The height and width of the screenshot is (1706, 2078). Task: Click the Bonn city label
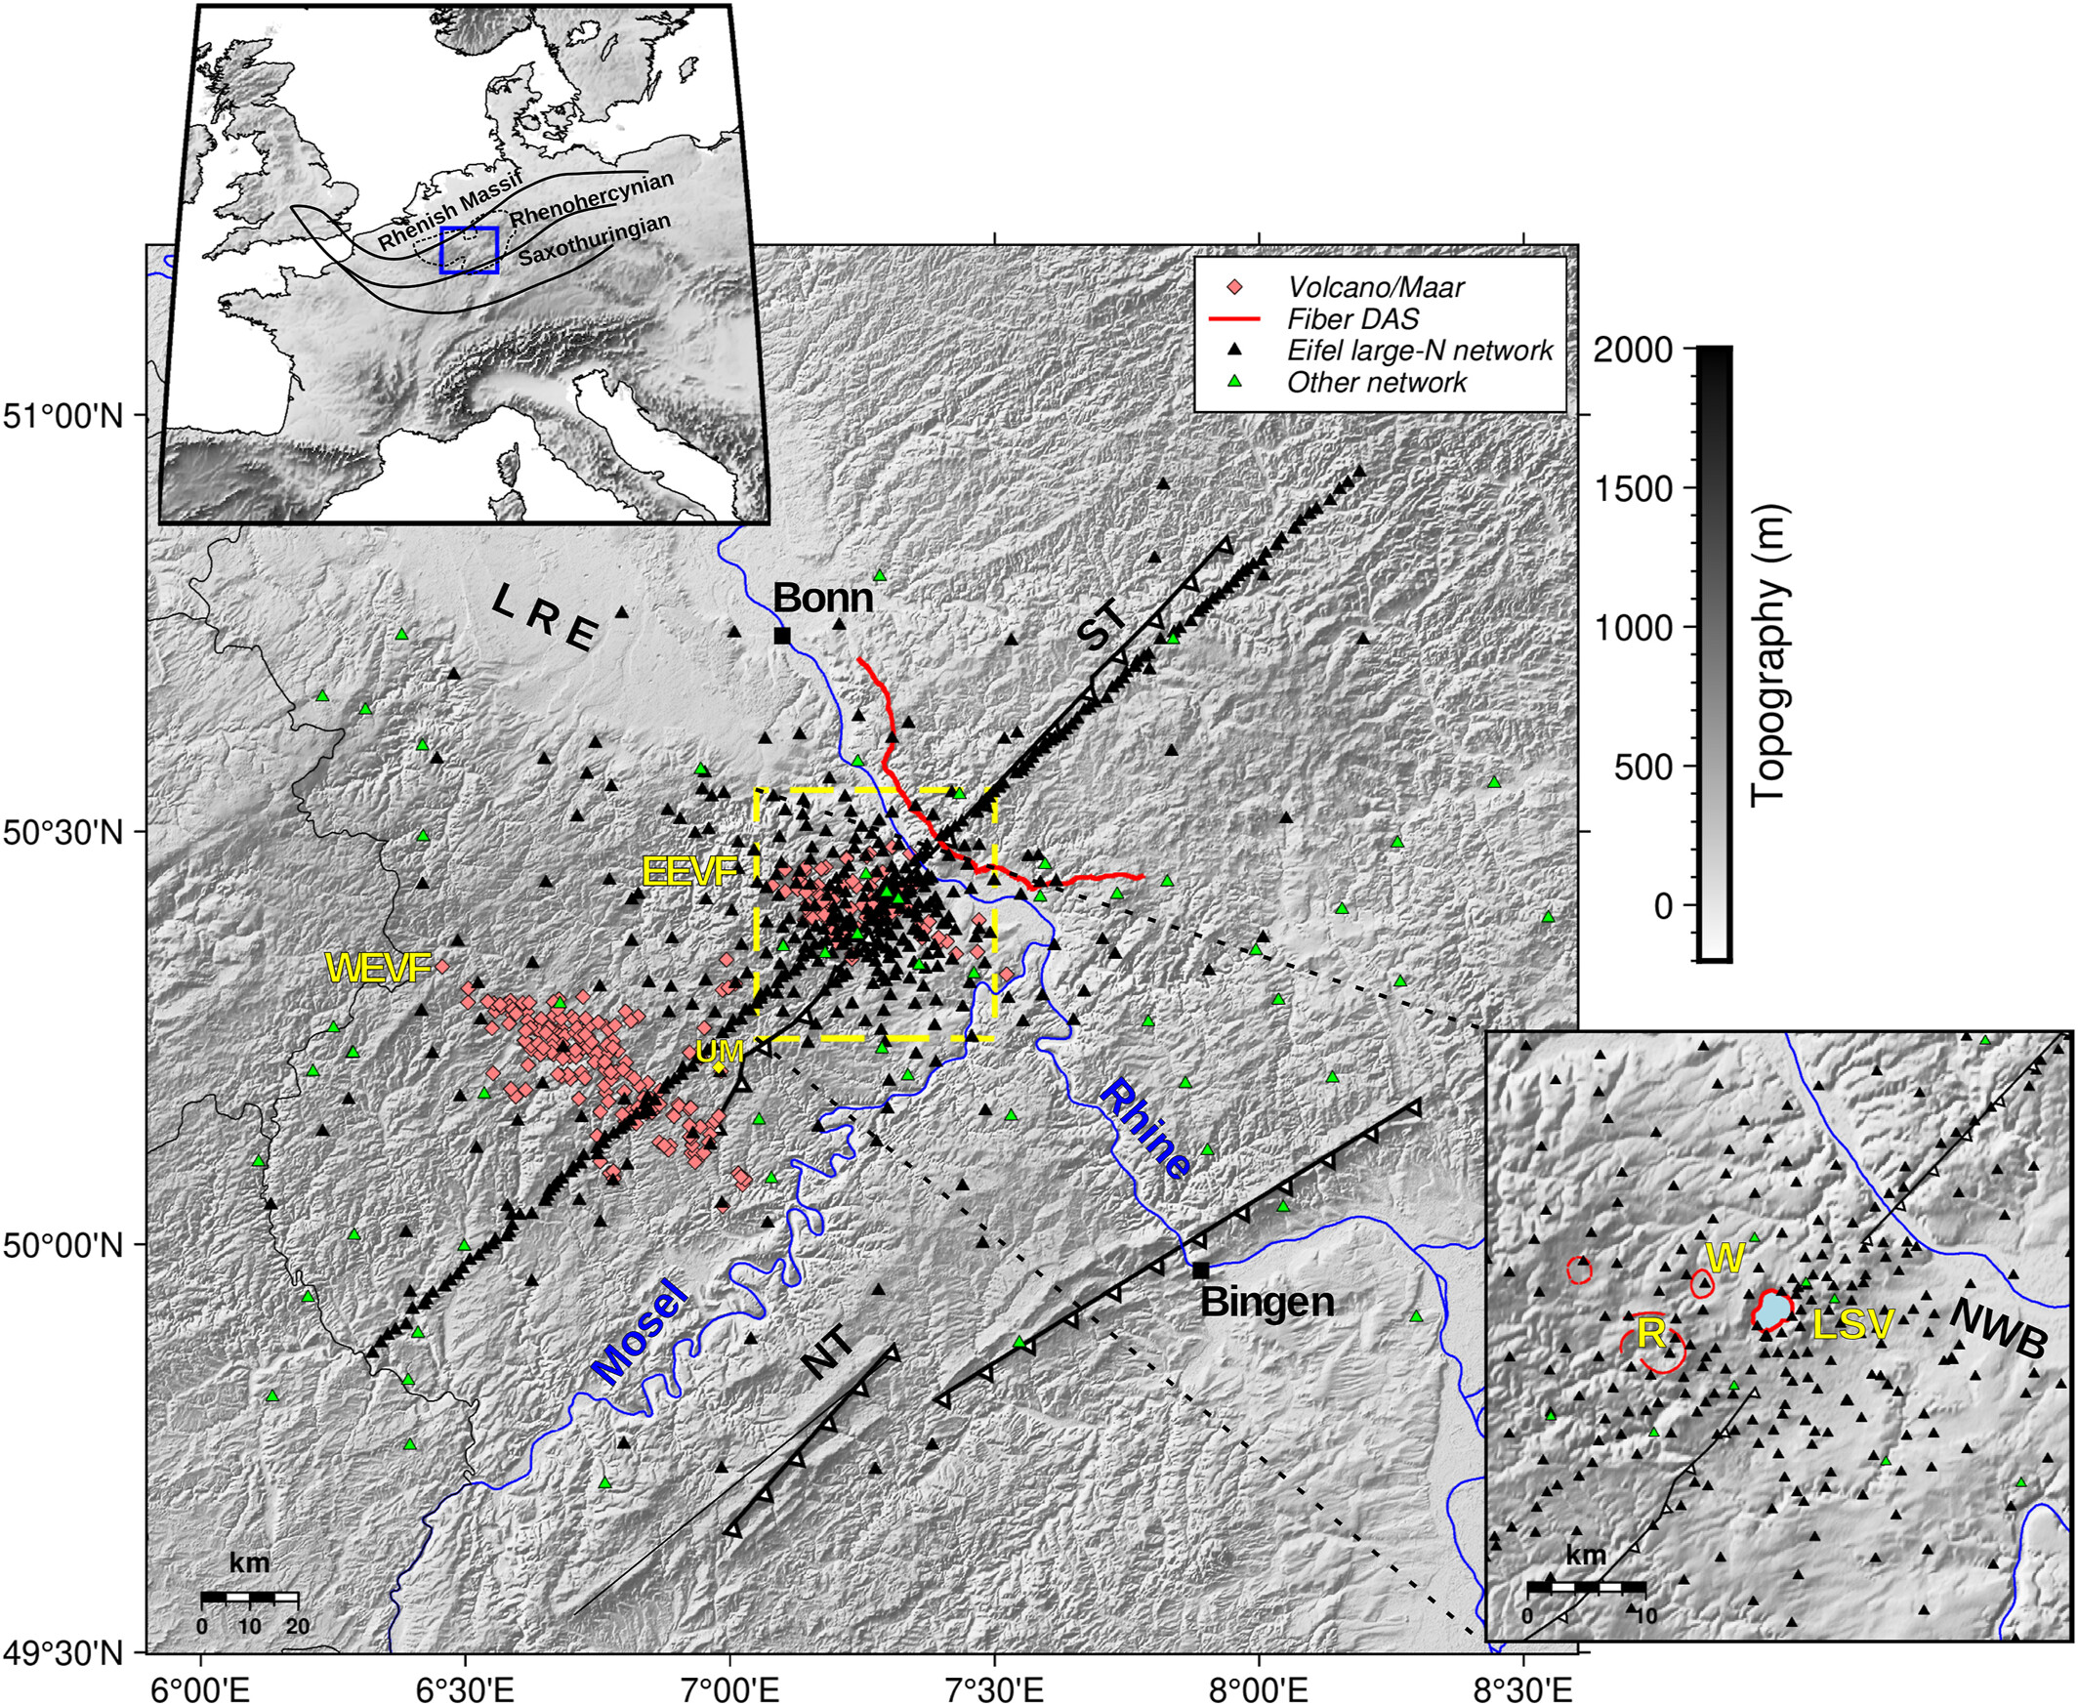822,599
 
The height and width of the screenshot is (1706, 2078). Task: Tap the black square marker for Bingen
1200,1270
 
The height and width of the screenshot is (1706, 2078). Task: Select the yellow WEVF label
378,969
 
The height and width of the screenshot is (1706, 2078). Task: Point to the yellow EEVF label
689,872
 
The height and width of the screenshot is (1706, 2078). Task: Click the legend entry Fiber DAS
1352,319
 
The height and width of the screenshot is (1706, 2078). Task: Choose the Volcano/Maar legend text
1375,287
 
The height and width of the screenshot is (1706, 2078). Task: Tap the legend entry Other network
1377,382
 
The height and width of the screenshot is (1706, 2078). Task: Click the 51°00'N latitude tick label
62,416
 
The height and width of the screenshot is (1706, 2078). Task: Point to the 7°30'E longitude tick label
994,1683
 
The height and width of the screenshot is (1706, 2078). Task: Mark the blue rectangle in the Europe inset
470,250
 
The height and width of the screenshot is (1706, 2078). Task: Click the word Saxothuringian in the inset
595,240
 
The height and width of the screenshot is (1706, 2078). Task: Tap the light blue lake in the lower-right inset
1771,1310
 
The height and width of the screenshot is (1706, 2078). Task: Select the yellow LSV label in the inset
1852,1326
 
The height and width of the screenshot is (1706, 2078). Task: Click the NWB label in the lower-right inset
1997,1330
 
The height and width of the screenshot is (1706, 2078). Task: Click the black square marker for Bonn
782,635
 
